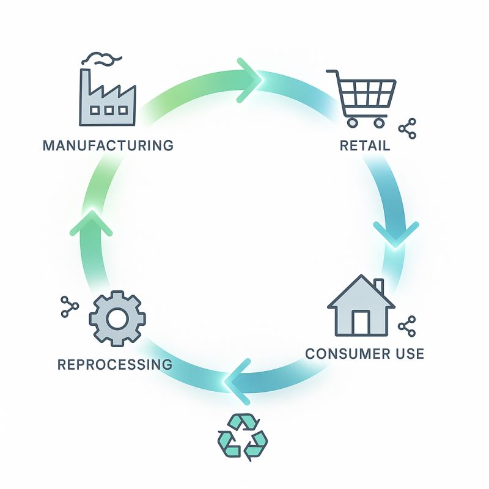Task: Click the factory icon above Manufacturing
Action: (108, 95)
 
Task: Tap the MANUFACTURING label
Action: (108, 145)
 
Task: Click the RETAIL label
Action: (365, 147)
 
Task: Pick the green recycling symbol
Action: (243, 438)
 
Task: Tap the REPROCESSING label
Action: (114, 364)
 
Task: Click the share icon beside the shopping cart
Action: (406, 127)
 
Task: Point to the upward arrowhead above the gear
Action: (91, 223)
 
